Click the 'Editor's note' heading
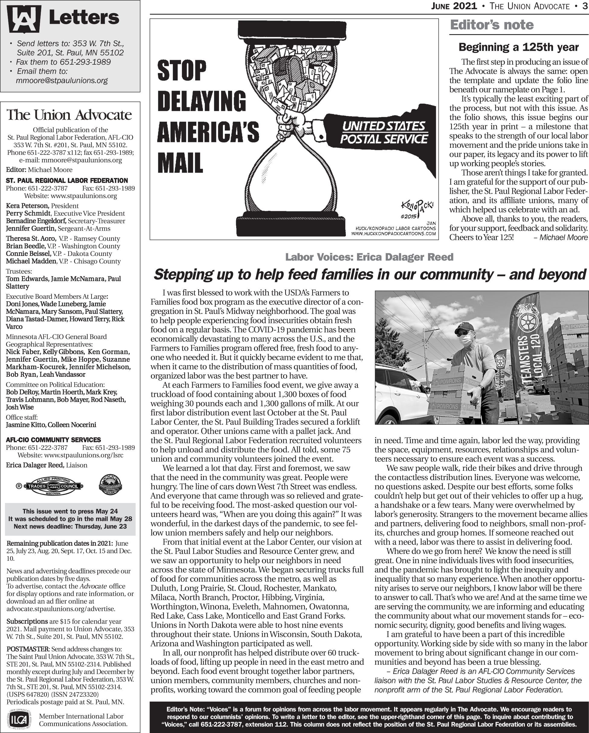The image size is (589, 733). [x=491, y=25]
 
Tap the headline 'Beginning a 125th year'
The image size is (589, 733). [x=518, y=47]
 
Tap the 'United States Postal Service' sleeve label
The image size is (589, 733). [x=384, y=132]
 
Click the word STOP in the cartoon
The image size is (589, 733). [x=182, y=70]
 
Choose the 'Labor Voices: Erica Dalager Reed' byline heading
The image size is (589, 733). [x=369, y=257]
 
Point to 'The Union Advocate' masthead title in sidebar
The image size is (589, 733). [x=69, y=115]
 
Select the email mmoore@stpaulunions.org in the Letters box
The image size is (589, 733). [x=62, y=81]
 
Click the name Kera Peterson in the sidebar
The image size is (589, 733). [x=27, y=206]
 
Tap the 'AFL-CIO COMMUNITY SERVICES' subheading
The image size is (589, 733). [x=53, y=440]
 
